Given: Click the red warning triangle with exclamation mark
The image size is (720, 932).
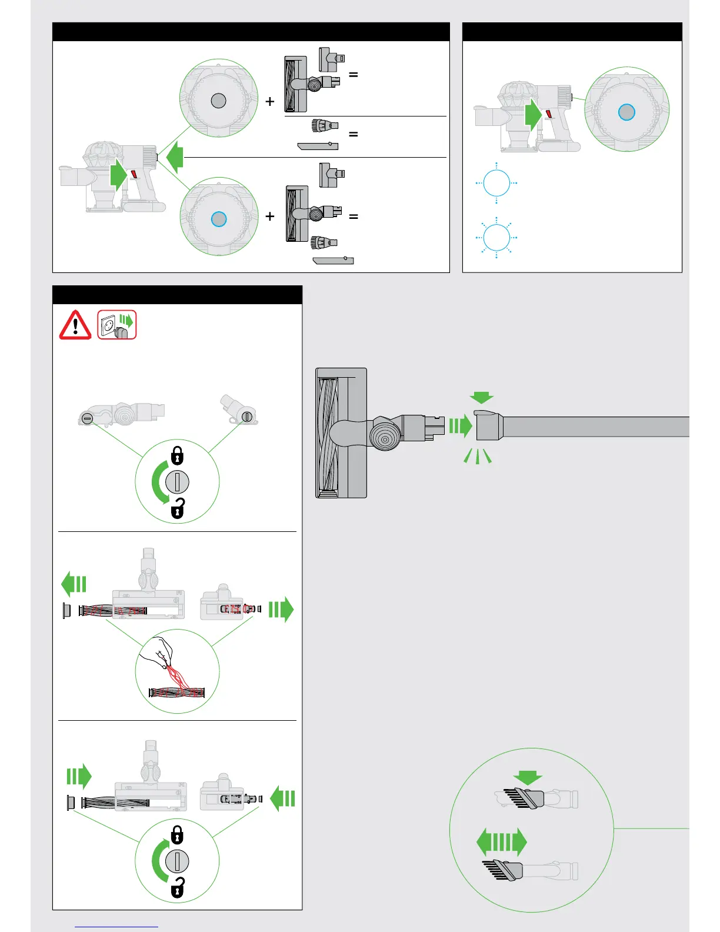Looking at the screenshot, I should [75, 325].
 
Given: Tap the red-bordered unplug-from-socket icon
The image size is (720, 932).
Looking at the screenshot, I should [117, 325].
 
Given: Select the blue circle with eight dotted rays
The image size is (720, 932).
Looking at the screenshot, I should [496, 238].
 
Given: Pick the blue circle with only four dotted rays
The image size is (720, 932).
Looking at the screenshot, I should [496, 183].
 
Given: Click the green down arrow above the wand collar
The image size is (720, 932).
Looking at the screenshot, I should [482, 398].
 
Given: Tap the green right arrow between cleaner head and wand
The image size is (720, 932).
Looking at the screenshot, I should [461, 425].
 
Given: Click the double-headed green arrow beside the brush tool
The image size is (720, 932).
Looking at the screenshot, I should [502, 843].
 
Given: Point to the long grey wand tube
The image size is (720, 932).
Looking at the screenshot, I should [594, 427].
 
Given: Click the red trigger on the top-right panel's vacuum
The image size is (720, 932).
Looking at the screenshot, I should [549, 115].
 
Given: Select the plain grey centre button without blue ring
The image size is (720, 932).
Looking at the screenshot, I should [218, 101].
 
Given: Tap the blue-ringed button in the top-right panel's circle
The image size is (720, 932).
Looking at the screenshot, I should [627, 112].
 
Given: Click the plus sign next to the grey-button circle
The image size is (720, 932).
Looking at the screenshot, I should [270, 102].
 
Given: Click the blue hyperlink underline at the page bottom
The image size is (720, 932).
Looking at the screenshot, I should [117, 927].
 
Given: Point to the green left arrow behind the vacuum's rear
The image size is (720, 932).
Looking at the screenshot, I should [175, 158].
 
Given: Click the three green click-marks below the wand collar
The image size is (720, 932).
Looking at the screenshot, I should [478, 456].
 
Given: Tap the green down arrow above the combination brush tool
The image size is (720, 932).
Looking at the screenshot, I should [528, 777].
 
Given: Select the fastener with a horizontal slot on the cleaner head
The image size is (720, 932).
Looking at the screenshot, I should [87, 418].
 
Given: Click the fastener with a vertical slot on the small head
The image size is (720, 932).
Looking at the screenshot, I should [247, 417].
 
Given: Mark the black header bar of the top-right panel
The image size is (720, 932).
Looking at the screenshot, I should [572, 32].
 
